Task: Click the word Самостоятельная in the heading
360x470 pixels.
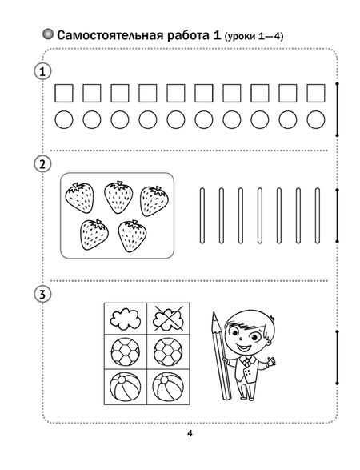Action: tap(110, 35)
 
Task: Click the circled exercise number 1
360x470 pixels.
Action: tap(42, 72)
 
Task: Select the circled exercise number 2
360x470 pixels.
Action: tap(42, 164)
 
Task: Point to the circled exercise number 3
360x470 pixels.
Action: tap(42, 295)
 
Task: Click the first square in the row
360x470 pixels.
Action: tap(64, 93)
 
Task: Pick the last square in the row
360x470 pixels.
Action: tap(316, 93)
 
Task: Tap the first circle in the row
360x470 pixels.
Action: tap(64, 119)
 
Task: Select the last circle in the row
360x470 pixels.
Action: tap(316, 119)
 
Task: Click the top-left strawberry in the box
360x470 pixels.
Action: tap(79, 198)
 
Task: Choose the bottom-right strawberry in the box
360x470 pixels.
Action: tap(132, 236)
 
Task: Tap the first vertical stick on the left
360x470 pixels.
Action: tap(202, 215)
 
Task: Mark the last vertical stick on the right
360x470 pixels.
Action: tap(317, 215)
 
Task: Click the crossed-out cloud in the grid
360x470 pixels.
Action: tap(168, 319)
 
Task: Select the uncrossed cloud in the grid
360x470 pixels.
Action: tap(126, 319)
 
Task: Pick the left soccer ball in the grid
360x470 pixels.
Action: tap(126, 352)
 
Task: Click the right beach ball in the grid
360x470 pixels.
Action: tap(168, 387)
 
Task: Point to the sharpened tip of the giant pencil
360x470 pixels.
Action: tap(214, 313)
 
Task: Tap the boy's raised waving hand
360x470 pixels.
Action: tap(271, 361)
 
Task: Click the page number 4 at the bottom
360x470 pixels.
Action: tap(190, 433)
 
